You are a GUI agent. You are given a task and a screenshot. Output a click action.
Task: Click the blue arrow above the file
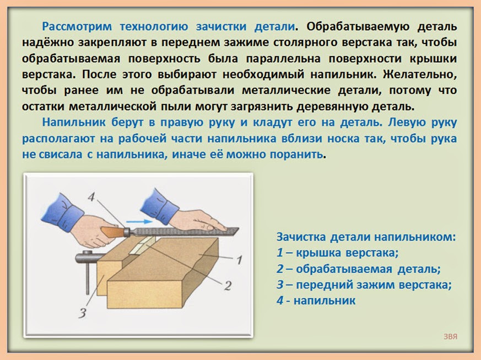139,221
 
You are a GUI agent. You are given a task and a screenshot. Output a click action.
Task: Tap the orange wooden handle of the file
112,231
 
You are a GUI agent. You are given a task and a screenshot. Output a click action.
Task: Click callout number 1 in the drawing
239,260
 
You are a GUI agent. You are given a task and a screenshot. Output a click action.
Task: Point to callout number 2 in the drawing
228,286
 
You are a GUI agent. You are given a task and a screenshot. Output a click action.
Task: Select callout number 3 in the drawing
82,313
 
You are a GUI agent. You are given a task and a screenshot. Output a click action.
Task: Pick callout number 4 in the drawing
91,197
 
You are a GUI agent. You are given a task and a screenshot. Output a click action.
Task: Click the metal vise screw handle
89,258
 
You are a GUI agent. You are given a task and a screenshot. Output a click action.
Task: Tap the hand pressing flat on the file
196,220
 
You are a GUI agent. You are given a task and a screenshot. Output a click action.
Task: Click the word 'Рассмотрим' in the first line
77,26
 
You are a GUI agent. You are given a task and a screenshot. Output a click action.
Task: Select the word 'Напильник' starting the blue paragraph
74,122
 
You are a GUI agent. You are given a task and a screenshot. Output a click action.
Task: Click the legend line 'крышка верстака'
337,253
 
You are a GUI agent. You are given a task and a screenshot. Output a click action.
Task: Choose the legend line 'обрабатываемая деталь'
358,269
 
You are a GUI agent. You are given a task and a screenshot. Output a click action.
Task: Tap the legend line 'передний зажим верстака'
364,285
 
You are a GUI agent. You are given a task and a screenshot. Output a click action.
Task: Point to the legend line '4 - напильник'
316,301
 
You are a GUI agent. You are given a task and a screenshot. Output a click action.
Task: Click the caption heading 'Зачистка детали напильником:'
366,237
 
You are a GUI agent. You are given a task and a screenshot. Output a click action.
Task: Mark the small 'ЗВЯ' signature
450,336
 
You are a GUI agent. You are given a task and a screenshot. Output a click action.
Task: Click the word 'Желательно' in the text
420,74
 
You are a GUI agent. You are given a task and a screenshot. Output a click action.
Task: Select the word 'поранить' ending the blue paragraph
296,154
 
